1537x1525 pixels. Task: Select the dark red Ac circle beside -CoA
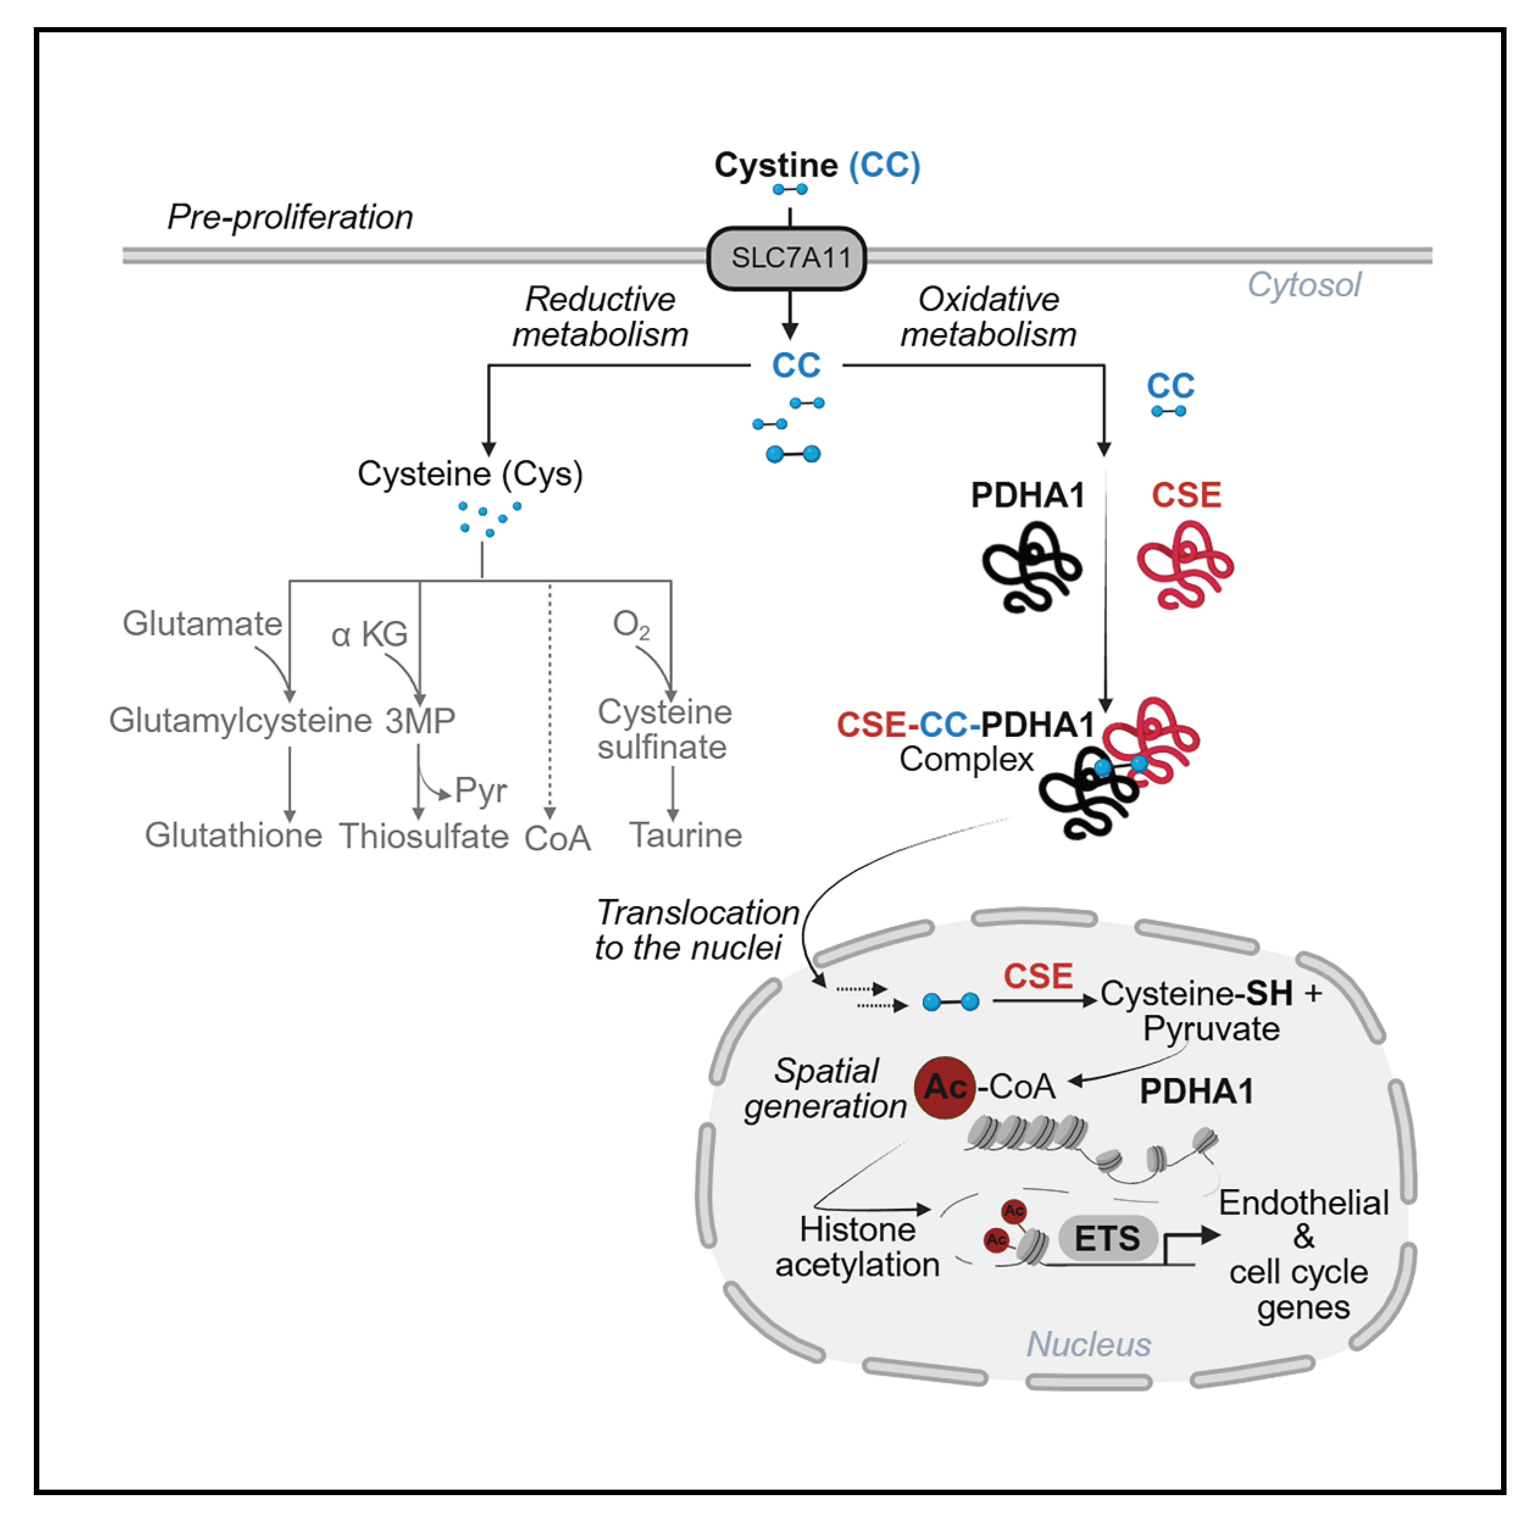(x=944, y=1087)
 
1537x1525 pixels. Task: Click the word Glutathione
(x=233, y=835)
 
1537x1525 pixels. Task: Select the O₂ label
(x=631, y=625)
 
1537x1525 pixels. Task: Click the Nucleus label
(x=1088, y=1345)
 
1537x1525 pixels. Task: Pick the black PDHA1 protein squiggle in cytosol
(x=1031, y=566)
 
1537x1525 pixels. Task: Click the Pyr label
(x=480, y=790)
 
